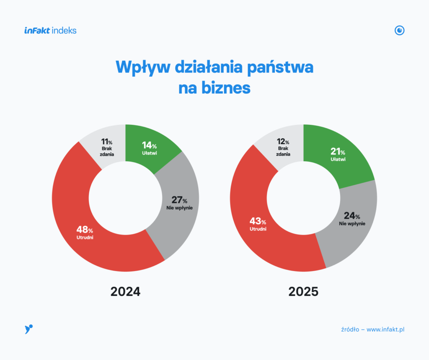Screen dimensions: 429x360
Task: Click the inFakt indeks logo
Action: tap(50, 31)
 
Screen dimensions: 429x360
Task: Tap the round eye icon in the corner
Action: tap(399, 31)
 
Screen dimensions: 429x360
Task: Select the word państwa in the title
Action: tap(280, 67)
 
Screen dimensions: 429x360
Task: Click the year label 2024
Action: tap(125, 292)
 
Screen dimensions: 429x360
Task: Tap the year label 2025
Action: tap(303, 292)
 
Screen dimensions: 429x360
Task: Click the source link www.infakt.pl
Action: tap(385, 329)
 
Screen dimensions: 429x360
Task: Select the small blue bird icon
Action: tap(29, 329)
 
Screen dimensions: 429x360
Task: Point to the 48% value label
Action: tap(85, 229)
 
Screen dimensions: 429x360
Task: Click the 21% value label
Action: tap(338, 151)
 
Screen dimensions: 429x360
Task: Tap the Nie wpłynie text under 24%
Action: tap(352, 224)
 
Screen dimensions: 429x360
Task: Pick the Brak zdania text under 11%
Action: tap(107, 151)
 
